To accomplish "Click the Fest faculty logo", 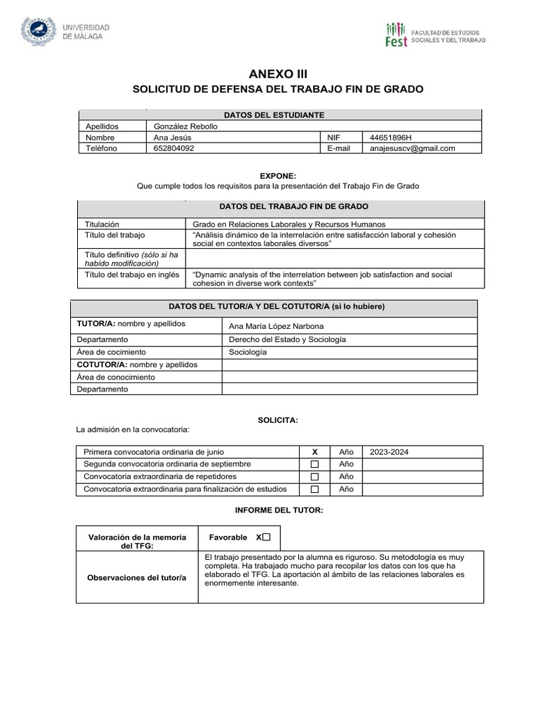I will [396, 34].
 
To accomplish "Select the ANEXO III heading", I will [277, 74].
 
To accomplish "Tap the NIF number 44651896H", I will [391, 138].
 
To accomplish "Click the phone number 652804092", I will [174, 148].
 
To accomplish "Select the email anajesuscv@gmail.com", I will [412, 148].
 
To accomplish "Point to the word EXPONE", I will [277, 177].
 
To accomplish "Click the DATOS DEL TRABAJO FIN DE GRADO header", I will [293, 207].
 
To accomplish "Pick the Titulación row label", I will [102, 224].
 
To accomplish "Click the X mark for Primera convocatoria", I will [314, 451].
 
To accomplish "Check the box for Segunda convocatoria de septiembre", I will [314, 464].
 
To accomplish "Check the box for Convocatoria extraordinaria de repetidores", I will [314, 476].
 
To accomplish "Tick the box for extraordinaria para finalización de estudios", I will [314, 489].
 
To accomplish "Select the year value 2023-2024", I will [389, 451].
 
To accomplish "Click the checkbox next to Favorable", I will [266, 537].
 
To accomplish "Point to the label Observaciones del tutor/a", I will [136, 578].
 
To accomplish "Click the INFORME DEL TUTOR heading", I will [278, 510].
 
